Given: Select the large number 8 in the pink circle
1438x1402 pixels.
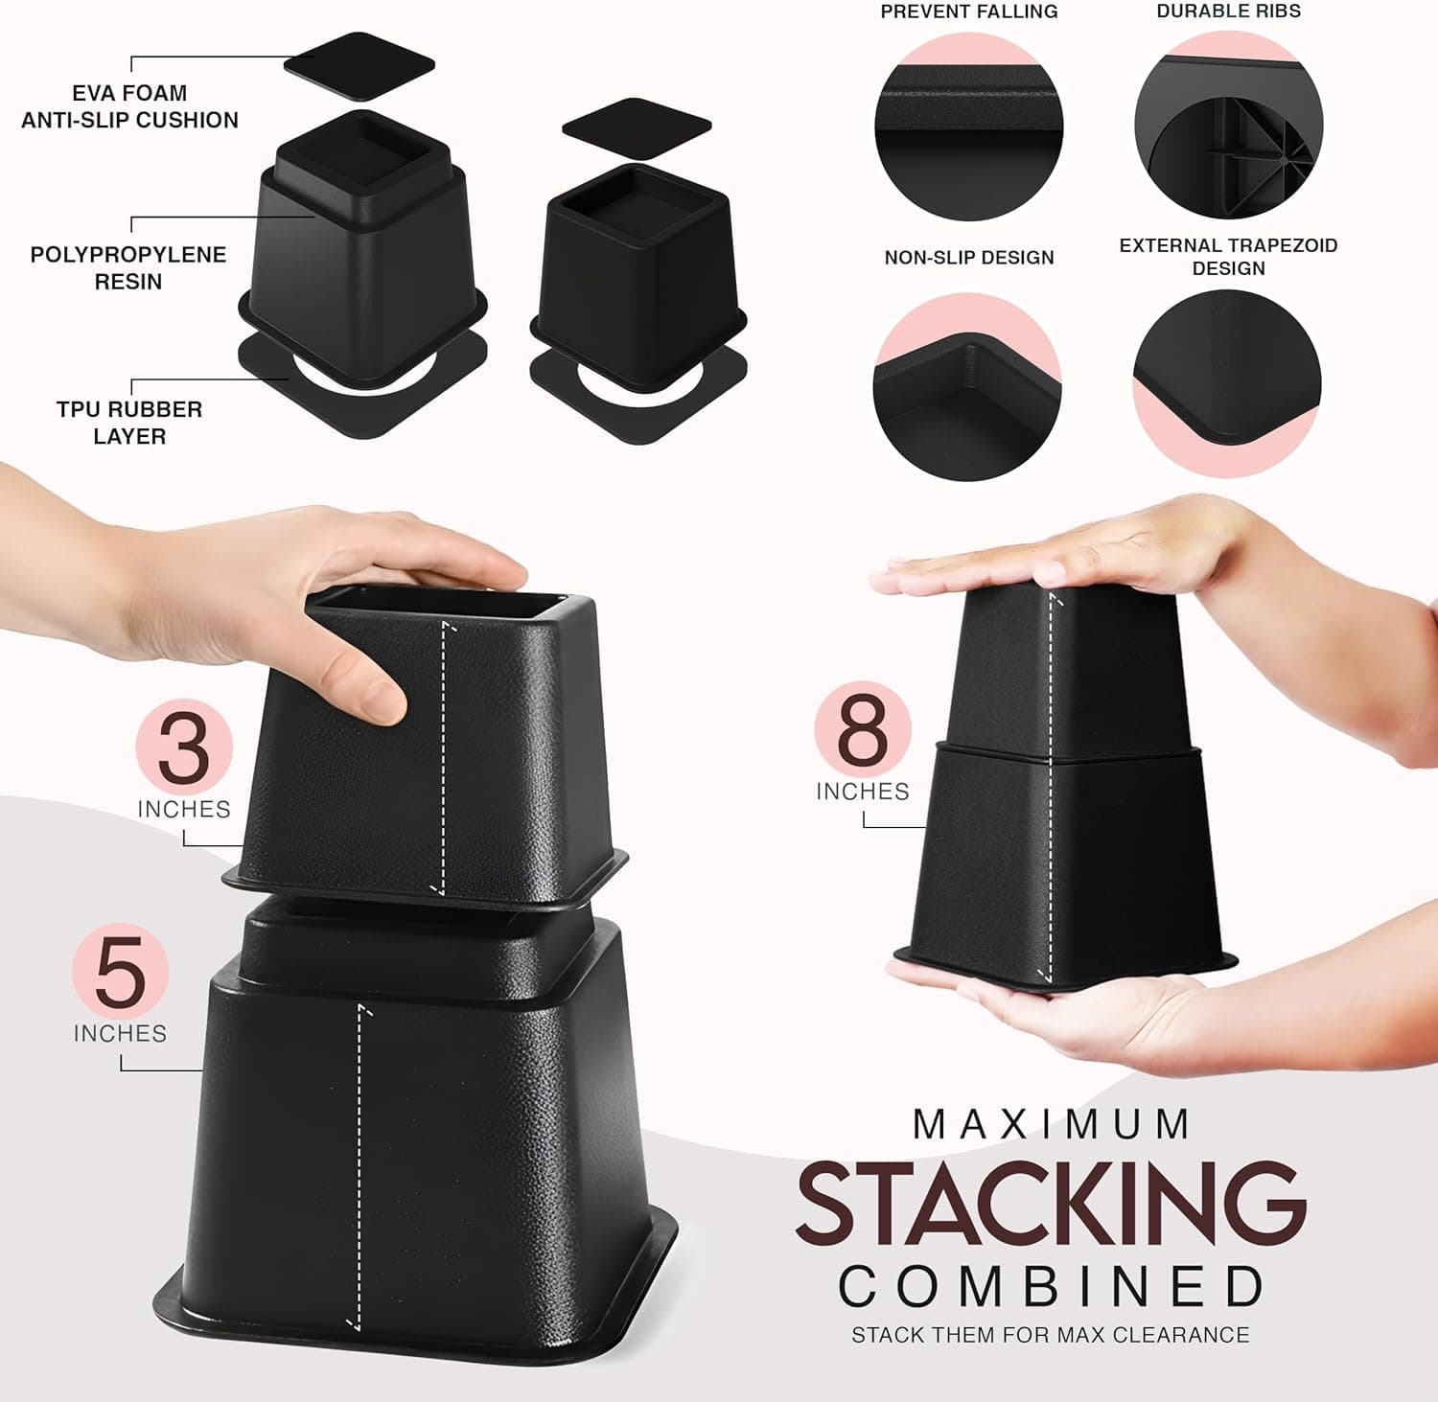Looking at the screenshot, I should [863, 730].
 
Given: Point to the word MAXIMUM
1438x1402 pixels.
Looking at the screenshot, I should [1052, 1125].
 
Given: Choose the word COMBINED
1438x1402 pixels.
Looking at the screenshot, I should [1052, 1287].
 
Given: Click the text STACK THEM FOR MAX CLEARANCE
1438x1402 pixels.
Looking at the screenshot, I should [1051, 1335].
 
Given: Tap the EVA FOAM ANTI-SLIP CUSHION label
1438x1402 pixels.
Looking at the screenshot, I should [129, 106].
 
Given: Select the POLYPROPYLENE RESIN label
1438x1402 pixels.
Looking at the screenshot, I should [128, 268].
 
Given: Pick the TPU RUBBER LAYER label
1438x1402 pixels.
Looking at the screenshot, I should [129, 423].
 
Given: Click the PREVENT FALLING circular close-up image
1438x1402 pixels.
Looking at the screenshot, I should [968, 127].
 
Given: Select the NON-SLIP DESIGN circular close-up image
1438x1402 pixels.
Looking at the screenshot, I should [967, 387].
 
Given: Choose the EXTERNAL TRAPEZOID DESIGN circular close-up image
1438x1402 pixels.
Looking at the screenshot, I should [1227, 383].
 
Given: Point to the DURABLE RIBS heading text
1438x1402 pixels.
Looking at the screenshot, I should [1228, 11].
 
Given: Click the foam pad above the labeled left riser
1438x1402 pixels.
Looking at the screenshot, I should [359, 65].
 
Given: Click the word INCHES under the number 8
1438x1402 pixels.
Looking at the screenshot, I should [863, 792].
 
